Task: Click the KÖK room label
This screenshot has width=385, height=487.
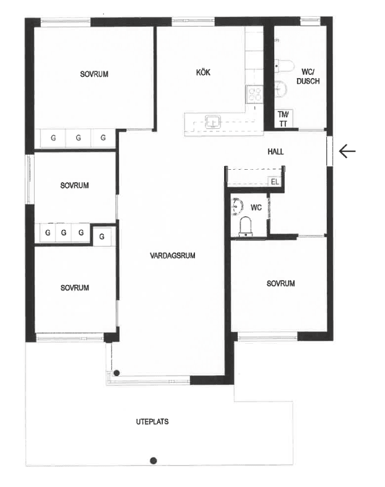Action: click(203, 72)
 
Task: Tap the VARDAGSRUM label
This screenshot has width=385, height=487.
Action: click(173, 256)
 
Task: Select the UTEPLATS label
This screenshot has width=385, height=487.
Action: click(152, 421)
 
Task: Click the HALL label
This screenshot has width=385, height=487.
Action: click(275, 152)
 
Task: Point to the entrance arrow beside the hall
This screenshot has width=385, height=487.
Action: click(347, 152)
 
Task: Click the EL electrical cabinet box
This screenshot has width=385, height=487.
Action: click(275, 182)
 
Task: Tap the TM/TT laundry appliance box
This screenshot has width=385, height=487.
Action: click(283, 119)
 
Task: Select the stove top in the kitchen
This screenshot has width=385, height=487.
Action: click(254, 94)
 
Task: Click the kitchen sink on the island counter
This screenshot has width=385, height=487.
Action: click(212, 121)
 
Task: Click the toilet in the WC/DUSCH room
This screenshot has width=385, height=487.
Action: click(285, 66)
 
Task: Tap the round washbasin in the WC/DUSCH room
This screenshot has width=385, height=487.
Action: click(281, 89)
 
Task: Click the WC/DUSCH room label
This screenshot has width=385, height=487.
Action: click(308, 76)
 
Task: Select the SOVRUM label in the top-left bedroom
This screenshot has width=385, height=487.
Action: click(94, 74)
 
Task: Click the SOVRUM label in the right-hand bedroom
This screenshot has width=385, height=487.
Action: click(280, 283)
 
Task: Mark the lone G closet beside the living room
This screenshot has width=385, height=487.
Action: click(102, 236)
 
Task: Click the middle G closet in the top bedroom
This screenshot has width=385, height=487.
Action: click(78, 138)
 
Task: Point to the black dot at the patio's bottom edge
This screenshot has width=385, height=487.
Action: click(154, 460)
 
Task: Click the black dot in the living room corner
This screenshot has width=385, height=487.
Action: click(116, 373)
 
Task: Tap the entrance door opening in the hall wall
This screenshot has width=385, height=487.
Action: click(329, 151)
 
